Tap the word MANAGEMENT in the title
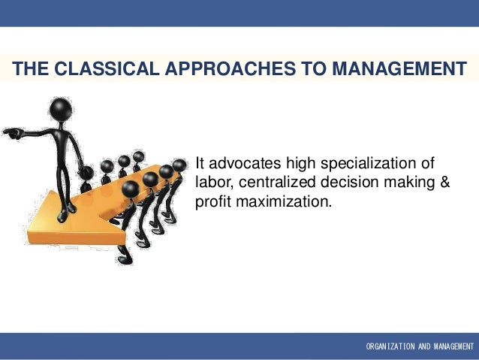[x=399, y=70]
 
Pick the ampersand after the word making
[x=444, y=183]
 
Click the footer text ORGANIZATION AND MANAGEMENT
[x=419, y=346]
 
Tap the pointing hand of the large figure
[x=11, y=133]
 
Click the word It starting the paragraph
[x=200, y=163]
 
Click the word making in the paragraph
[x=408, y=183]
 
